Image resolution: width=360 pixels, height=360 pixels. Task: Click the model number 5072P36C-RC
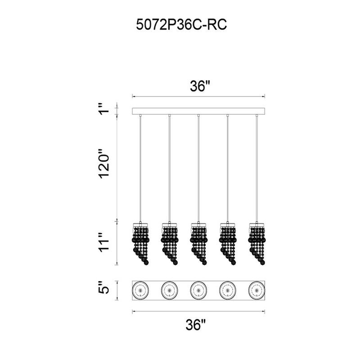pos(181,25)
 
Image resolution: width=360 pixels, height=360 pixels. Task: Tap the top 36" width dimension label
pos(200,86)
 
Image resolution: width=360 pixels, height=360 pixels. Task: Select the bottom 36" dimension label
pos(196,325)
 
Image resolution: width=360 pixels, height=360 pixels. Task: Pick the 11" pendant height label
pos(105,243)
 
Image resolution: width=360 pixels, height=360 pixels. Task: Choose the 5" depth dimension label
pos(105,287)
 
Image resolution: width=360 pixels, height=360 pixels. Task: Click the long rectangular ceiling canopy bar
pos(198,111)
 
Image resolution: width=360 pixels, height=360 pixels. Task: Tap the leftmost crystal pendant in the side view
pos(140,243)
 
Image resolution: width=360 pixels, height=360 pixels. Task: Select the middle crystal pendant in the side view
pos(198,243)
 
